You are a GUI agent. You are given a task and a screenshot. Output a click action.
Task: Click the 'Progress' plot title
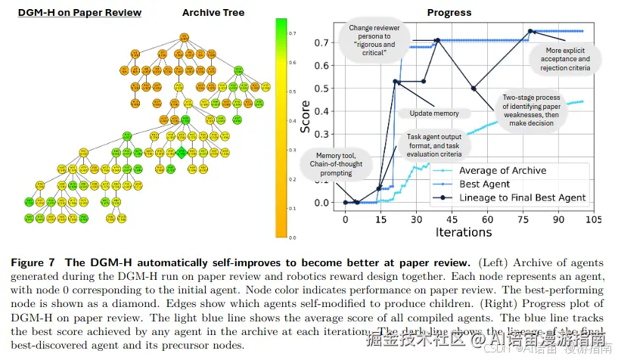click(449, 12)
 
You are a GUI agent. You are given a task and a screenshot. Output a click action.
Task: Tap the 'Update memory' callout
click(433, 113)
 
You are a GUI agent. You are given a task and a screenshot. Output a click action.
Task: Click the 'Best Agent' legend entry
click(484, 185)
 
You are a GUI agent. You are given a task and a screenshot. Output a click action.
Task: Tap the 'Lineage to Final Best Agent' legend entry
click(523, 198)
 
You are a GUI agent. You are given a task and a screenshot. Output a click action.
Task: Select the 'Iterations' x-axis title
click(462, 232)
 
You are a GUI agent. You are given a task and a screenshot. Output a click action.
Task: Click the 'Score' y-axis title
click(306, 117)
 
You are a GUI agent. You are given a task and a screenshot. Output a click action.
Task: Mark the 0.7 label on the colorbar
click(291, 35)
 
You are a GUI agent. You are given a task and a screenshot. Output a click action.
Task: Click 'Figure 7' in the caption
click(33, 262)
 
